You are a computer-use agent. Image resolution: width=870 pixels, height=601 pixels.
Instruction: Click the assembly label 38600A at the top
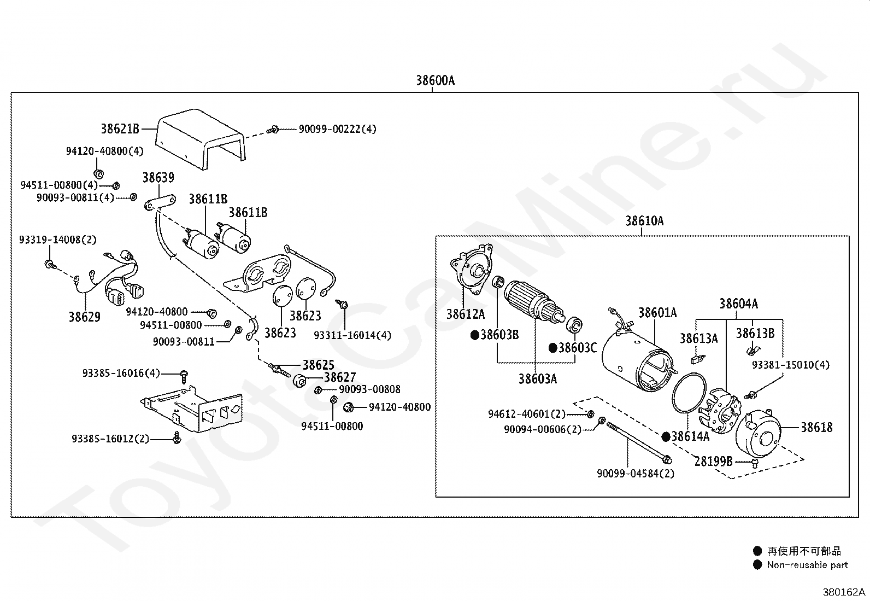point(435,80)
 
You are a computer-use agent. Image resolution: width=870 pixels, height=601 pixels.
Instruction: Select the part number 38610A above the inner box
point(644,221)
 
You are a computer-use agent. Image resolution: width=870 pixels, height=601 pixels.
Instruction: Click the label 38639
point(158,178)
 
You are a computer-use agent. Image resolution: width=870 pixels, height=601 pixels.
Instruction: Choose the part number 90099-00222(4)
point(337,129)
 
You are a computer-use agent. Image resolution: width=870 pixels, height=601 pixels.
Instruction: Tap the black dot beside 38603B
point(474,335)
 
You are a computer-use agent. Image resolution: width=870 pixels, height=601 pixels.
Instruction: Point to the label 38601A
point(657,313)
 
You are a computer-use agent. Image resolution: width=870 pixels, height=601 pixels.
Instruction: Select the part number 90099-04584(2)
point(636,474)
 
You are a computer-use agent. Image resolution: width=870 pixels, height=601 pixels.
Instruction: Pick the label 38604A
point(738,304)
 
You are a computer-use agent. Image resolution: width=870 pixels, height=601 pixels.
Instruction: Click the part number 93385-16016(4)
point(121,373)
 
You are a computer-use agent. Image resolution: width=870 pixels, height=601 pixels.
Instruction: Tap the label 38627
point(340,377)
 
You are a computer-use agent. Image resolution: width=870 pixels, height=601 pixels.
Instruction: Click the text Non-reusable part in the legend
point(807,565)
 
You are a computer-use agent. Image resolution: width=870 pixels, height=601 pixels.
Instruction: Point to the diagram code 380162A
point(844,592)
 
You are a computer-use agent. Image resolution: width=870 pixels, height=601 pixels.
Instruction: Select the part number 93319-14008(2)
point(58,240)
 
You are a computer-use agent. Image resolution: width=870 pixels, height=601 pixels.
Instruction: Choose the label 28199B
point(713,460)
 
